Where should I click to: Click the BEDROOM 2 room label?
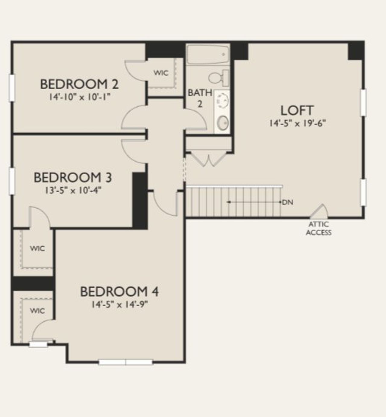(79, 84)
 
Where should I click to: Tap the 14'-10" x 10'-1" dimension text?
(79, 97)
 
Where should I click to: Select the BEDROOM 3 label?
(73, 177)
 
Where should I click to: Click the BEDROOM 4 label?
(119, 292)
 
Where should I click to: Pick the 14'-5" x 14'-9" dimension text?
(119, 305)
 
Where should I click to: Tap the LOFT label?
(297, 111)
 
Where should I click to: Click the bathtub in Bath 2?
(208, 54)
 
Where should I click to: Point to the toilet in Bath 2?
(218, 77)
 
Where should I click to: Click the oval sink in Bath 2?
(223, 123)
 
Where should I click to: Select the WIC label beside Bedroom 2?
(161, 73)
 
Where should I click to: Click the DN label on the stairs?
(288, 202)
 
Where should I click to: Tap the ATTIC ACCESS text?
(319, 229)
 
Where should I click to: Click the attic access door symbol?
(320, 212)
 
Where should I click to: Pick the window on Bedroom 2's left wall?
(12, 87)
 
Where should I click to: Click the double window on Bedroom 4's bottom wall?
(126, 362)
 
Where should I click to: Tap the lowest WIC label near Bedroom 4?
(37, 311)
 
